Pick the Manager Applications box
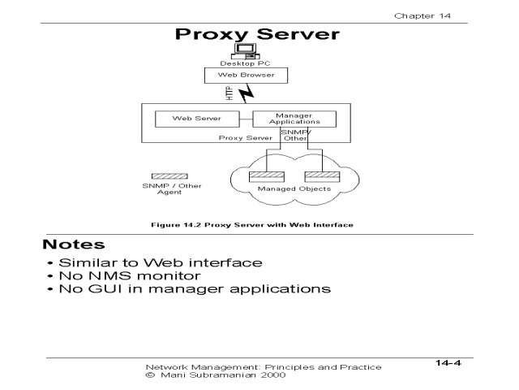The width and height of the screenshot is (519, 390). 289,119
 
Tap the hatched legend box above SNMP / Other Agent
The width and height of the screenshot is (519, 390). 169,176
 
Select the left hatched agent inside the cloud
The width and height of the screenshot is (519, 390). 261,175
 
